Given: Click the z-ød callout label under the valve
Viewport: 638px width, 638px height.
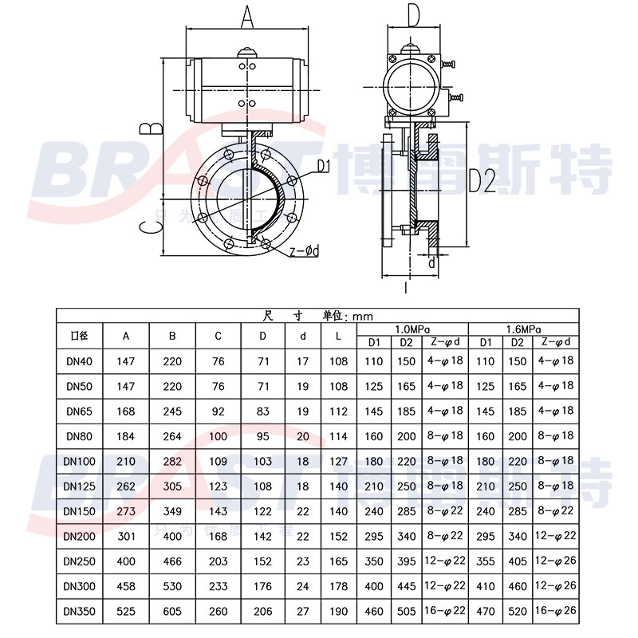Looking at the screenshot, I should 304,252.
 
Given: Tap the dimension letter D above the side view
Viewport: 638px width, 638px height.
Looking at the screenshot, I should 412,14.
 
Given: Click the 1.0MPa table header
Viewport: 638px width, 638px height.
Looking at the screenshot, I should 412,329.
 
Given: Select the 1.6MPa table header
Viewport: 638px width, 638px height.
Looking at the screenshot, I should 523,329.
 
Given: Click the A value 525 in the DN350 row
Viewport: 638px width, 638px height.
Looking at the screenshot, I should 126,611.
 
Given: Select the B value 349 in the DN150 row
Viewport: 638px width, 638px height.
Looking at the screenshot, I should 172,511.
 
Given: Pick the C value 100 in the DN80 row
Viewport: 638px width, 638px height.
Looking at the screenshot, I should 218,436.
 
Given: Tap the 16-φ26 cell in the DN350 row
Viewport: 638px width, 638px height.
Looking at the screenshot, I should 554,611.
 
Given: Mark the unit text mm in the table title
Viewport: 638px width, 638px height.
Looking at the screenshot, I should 364,317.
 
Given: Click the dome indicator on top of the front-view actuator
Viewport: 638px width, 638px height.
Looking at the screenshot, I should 247,53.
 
